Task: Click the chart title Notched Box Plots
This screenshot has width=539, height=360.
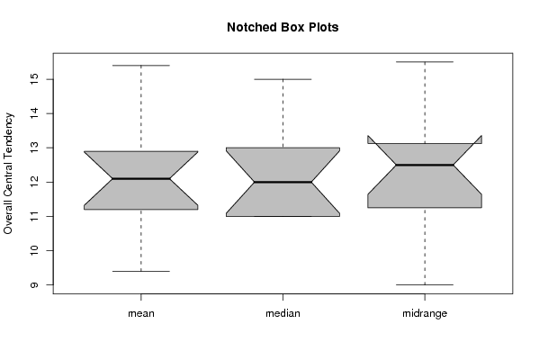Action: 283,27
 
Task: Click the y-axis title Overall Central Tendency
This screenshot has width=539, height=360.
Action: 8,174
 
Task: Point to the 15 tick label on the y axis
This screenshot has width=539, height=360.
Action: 35,79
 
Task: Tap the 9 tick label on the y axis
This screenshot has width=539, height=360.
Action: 35,284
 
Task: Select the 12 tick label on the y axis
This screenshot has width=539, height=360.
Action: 35,182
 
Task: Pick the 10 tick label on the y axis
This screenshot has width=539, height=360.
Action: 35,251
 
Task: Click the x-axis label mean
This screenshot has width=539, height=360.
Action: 141,313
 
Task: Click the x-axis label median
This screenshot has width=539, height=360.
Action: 283,313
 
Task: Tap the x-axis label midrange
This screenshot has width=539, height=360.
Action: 425,313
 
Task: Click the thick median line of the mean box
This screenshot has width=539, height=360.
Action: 141,179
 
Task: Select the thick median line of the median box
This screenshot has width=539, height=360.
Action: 283,182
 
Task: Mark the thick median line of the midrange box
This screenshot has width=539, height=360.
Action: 425,165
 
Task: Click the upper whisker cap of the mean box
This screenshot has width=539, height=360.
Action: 141,66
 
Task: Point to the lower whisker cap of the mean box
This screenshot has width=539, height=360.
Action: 141,271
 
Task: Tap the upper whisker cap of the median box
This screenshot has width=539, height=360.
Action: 283,79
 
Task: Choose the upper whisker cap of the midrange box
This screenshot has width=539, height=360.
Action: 425,62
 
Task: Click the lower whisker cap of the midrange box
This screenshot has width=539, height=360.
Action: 425,284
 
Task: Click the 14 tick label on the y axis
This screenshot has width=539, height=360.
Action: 35,113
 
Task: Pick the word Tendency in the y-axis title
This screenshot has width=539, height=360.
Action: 8,132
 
